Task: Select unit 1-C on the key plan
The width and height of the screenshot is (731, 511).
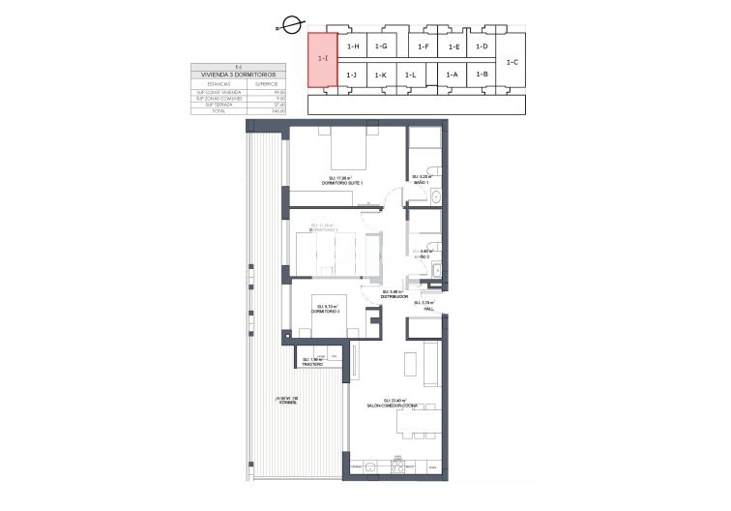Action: click(512, 62)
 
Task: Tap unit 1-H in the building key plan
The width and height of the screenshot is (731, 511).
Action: click(352, 46)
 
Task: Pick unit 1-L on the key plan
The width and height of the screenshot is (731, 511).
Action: click(411, 75)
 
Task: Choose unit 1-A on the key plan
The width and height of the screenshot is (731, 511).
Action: click(452, 75)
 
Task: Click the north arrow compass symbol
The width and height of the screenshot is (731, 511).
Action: click(281, 29)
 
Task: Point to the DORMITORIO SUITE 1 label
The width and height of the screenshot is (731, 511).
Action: click(346, 182)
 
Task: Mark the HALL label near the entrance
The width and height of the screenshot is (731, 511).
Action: click(424, 308)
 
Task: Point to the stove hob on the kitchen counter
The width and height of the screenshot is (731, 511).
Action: click(397, 467)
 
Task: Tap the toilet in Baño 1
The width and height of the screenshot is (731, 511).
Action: click(436, 171)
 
